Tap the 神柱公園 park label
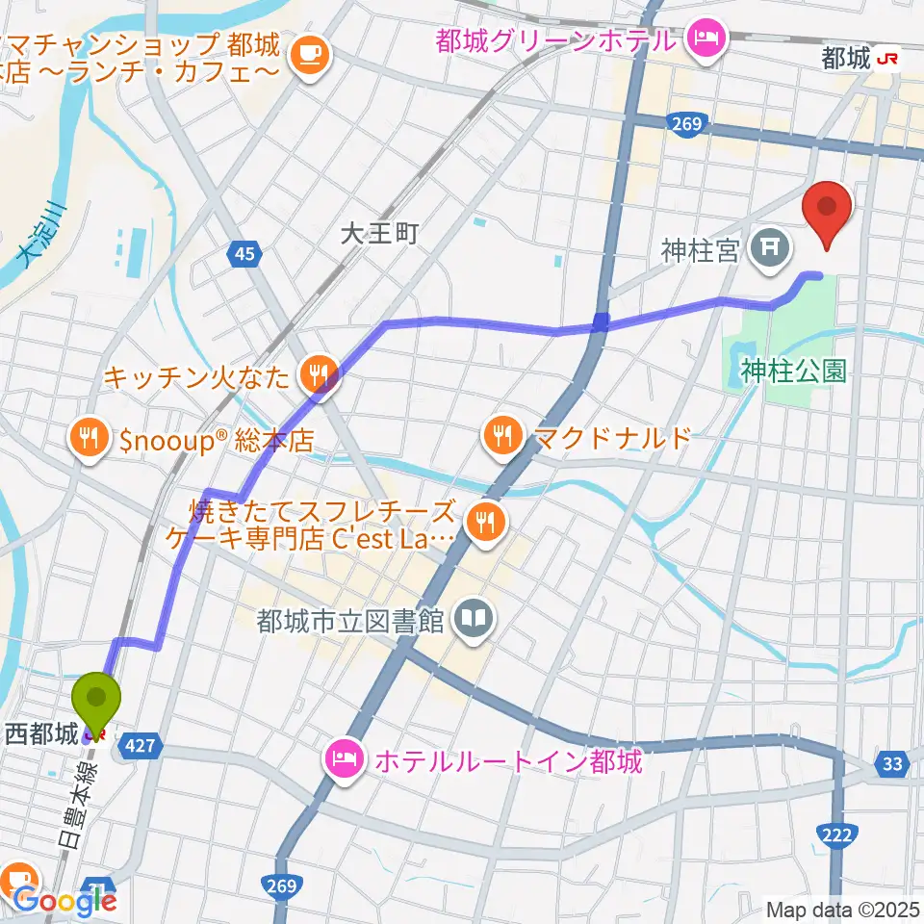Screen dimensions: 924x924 793,371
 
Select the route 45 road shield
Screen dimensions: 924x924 244,254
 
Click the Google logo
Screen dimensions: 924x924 65,901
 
